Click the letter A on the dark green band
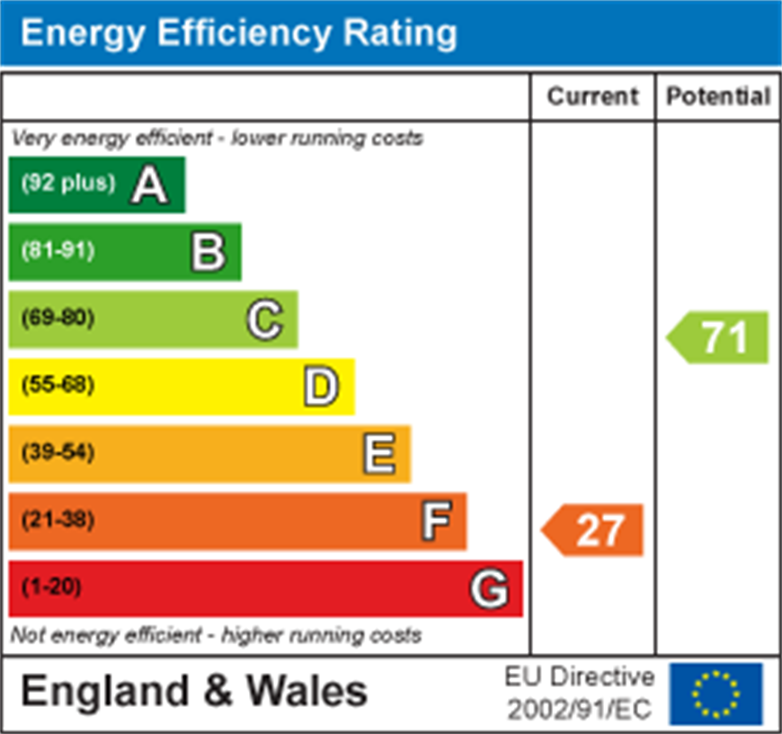click(149, 185)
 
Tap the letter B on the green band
click(208, 252)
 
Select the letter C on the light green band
click(264, 319)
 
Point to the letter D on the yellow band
click(321, 387)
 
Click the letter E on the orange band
click(378, 453)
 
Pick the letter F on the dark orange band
click(436, 521)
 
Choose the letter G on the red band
click(489, 589)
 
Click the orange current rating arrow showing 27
click(593, 530)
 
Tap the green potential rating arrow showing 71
click(718, 337)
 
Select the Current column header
click(592, 96)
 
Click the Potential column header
click(718, 96)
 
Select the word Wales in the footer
click(307, 692)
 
